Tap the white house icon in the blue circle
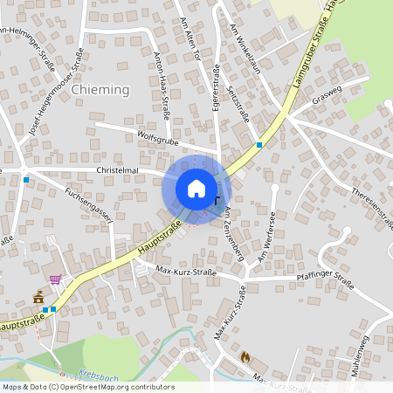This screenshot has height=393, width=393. point(196,189)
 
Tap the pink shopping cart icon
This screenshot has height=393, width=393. point(56,279)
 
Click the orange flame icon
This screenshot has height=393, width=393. point(244,357)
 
